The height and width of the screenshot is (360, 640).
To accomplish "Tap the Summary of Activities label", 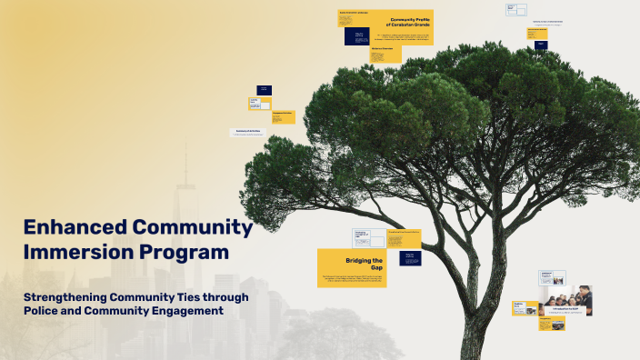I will point(248,131).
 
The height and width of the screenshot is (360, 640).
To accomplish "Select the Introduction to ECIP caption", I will point(565,308).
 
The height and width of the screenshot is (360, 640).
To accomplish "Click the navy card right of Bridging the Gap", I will point(410,256).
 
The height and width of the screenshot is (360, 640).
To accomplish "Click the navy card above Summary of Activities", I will point(264,90).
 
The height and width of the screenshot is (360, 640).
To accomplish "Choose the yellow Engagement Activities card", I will point(282,117).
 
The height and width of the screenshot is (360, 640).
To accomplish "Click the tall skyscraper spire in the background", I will point(185,173).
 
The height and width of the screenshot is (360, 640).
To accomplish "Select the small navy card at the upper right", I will point(541,44).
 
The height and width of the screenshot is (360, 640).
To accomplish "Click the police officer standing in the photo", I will point(584,298).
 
